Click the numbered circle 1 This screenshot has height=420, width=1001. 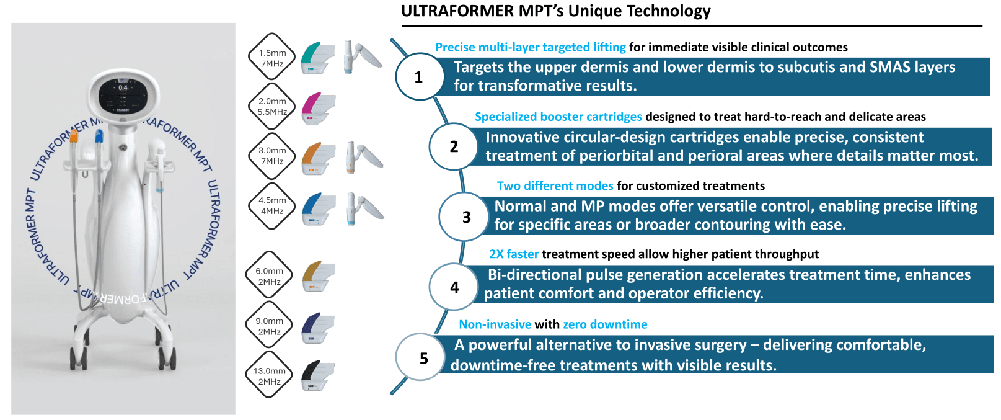click(419, 77)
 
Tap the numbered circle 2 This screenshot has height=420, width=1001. click(454, 146)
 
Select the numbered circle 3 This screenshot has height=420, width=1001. click(466, 217)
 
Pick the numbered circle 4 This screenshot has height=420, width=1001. click(454, 287)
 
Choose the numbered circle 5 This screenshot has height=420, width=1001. click(423, 358)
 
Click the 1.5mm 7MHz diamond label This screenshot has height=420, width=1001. click(272, 58)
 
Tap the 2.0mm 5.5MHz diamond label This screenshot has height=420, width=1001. click(272, 106)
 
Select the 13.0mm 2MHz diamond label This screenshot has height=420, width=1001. click(270, 376)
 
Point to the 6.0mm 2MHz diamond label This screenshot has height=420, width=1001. click(270, 276)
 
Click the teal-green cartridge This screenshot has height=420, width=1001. click(317, 58)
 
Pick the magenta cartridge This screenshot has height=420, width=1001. click(318, 108)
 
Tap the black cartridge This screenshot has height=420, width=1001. click(317, 375)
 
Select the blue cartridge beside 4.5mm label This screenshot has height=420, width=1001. click(319, 208)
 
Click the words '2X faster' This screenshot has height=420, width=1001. click(514, 254)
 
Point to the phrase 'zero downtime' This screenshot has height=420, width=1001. click(605, 324)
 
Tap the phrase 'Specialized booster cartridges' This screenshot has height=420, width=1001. click(558, 117)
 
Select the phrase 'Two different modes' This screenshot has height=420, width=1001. click(555, 185)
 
